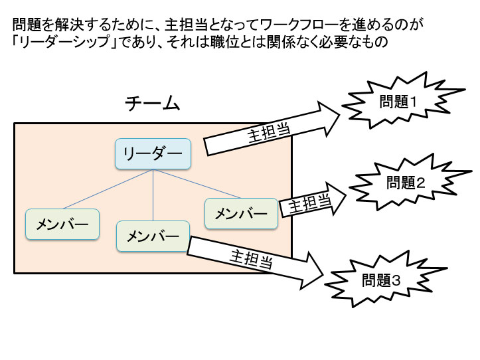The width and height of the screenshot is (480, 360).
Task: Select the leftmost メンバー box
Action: click(x=62, y=224)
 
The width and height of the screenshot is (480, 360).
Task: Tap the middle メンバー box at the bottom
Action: click(x=153, y=236)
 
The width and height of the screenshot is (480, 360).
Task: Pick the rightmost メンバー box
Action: click(x=240, y=214)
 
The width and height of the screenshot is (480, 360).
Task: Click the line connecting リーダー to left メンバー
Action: click(x=106, y=189)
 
